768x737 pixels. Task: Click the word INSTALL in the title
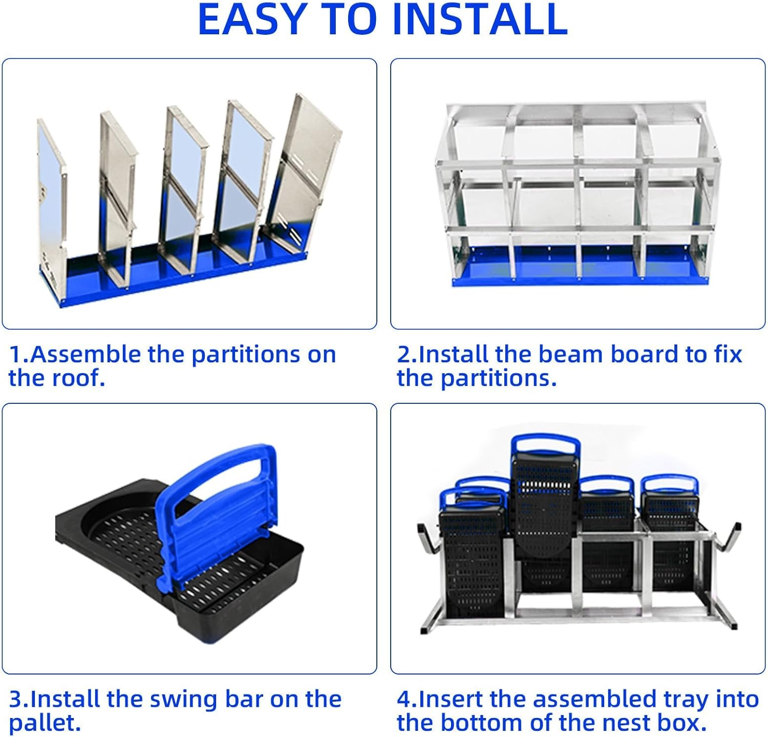point(480,19)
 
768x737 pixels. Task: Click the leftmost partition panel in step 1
point(51,194)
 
